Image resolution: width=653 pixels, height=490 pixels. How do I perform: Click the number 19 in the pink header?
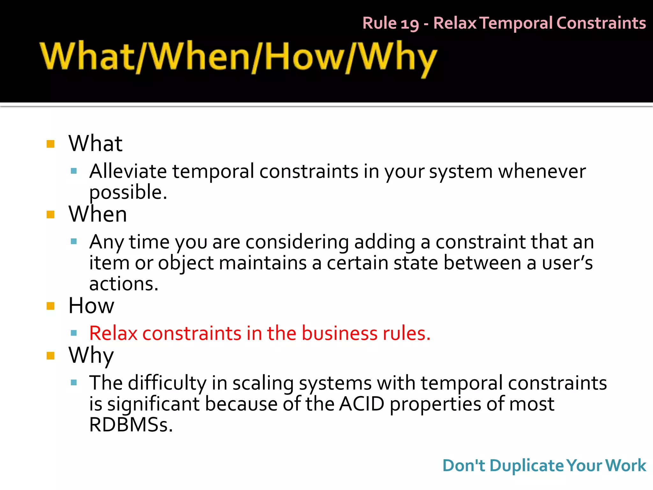tap(409, 24)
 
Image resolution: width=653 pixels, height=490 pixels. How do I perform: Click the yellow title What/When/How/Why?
tap(238, 57)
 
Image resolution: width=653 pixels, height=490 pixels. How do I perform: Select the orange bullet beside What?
tap(50, 144)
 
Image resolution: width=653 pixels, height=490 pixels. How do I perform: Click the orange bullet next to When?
tap(50, 214)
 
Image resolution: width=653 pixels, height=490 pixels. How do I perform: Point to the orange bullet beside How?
tap(50, 306)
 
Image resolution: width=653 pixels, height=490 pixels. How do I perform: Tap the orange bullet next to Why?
tap(50, 355)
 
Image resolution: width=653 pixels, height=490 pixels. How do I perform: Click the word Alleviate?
tap(128, 171)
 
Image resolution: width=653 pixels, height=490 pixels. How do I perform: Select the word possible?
tap(127, 193)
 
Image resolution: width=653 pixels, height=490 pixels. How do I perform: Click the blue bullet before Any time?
tap(74, 241)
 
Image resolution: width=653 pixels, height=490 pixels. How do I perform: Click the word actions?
tap(123, 284)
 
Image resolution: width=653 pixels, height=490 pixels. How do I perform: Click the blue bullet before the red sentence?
tap(74, 333)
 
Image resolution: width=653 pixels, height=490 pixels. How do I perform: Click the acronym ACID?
tap(362, 404)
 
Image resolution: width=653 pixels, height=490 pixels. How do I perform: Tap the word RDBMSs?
tap(130, 425)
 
